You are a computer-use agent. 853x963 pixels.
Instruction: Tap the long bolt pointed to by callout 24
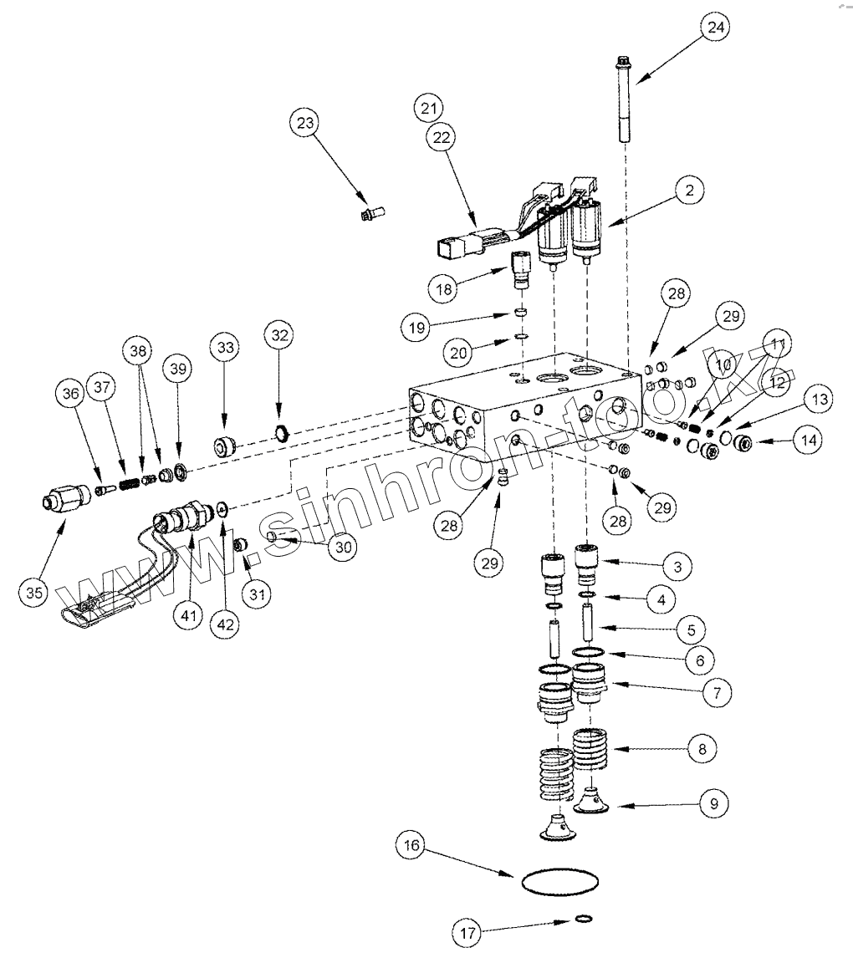tap(624, 100)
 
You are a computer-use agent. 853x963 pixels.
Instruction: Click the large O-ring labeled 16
tap(560, 881)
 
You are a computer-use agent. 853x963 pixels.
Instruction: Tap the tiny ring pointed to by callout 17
tap(585, 920)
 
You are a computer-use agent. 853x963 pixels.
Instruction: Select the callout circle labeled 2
tap(688, 191)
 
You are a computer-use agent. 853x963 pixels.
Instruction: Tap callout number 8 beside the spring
tap(702, 748)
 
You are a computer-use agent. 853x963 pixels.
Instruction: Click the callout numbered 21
tap(429, 108)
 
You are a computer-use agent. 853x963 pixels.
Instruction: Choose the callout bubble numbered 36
tap(70, 391)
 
